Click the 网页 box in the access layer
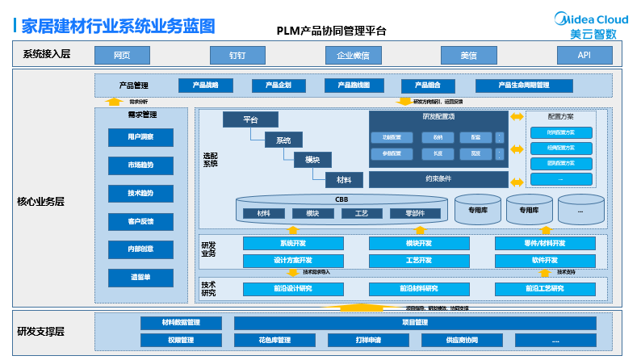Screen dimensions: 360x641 [122, 55]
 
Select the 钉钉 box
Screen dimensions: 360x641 [237, 55]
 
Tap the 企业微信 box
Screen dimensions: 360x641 [353, 55]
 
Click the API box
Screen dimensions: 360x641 [584, 55]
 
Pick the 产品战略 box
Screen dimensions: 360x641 [205, 85]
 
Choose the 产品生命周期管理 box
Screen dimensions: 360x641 [524, 85]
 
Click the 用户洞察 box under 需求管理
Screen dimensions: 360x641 [140, 137]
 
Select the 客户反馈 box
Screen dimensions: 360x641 [140, 221]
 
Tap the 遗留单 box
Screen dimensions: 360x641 [140, 277]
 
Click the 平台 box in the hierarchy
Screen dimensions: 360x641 [249, 119]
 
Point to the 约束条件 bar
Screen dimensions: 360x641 [438, 178]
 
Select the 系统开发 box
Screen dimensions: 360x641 [292, 243]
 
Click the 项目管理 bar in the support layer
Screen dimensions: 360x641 [415, 323]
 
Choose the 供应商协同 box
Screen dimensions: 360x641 [462, 341]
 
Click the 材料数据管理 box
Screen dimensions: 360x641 [181, 323]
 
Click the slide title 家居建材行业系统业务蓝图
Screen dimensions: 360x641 [119, 26]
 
